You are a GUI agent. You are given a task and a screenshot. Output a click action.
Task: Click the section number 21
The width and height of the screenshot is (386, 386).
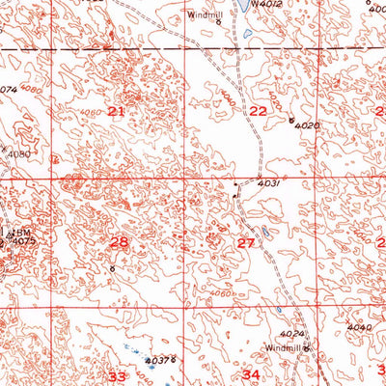click(117, 112)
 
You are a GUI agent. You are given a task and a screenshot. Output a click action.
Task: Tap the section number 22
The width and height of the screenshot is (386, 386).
click(258, 112)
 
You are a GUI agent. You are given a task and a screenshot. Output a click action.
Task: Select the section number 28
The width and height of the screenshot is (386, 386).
click(119, 242)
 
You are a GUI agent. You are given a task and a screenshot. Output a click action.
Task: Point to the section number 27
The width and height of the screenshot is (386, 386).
click(245, 243)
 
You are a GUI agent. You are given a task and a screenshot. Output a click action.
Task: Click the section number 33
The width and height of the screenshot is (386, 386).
click(117, 376)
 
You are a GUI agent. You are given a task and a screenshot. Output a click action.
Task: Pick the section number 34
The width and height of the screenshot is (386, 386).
click(252, 373)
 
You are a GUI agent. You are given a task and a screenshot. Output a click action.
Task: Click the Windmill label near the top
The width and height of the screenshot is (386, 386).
click(204, 14)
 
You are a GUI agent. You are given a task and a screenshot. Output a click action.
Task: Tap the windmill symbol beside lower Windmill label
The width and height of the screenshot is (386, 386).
click(308, 346)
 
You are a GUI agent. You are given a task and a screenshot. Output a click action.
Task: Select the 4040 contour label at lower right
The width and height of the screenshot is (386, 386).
click(358, 328)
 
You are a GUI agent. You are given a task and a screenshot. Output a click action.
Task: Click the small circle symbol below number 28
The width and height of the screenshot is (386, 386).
click(112, 267)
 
